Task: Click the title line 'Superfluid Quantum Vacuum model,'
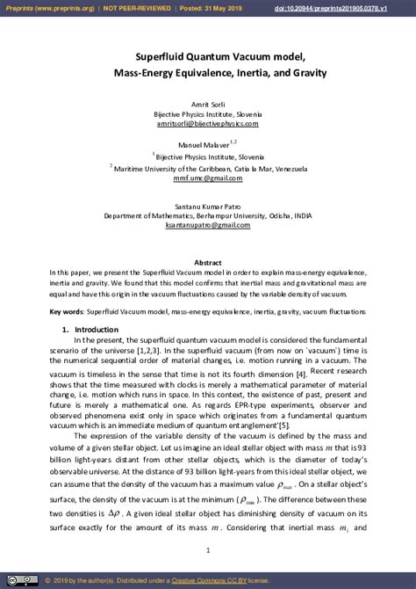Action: (207, 55)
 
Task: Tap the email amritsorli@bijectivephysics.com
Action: (207, 124)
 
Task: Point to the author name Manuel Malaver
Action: (205, 142)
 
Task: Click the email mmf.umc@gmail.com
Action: (207, 178)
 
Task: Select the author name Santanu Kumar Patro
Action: (207, 205)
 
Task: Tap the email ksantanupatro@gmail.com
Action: (207, 225)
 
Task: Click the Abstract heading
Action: (208, 262)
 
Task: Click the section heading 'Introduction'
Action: (90, 329)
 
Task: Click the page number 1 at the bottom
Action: (208, 549)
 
